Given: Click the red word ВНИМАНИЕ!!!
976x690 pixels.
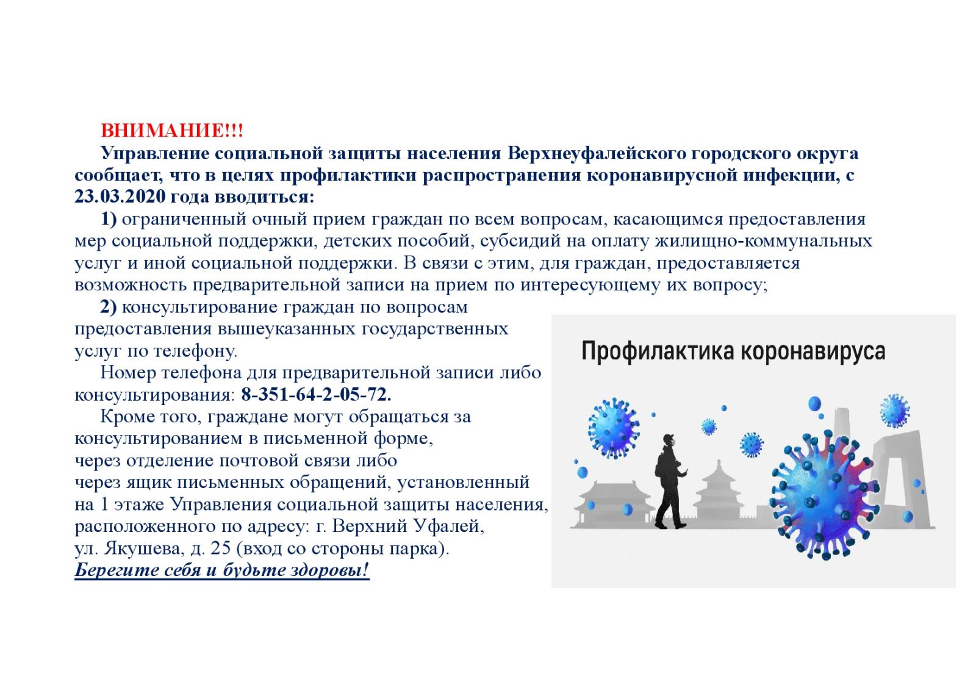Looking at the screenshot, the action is pos(172,131).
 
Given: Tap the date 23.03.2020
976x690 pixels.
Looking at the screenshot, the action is pos(120,196).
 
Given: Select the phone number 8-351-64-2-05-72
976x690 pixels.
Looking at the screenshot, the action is pos(317,394).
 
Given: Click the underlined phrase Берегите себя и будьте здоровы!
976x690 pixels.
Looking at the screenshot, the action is pos(222,570).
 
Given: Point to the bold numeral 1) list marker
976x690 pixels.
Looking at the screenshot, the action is pos(109,219).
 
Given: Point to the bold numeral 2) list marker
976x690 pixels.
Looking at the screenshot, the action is pos(109,307).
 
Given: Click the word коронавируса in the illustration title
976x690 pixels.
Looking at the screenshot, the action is pos(813,351).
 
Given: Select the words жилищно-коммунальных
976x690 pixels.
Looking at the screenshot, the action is pos(763,241).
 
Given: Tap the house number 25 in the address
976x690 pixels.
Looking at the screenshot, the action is pos(220,548).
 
